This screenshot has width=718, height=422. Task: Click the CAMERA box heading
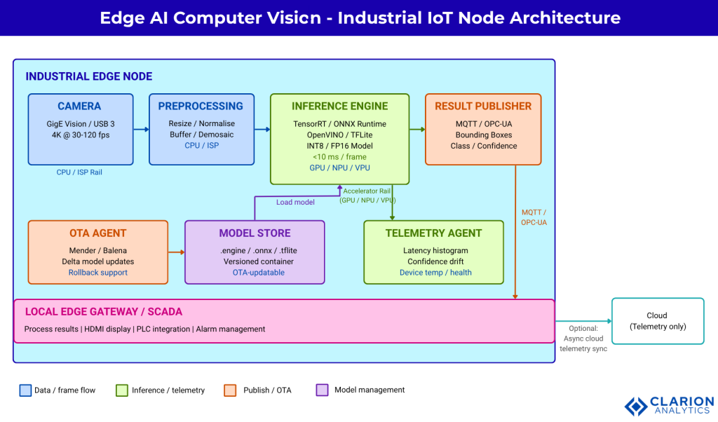pos(79,107)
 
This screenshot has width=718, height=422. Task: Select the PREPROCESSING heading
pos(201,107)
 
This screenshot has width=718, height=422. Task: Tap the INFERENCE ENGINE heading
pos(339,107)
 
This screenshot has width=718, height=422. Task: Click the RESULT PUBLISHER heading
pos(483,107)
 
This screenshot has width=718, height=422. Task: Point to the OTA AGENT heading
pos(98,233)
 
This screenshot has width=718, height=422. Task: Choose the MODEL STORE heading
pos(255,233)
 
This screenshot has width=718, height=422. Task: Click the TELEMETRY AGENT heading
pos(433,233)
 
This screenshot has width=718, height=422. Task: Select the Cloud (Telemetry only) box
pos(657,321)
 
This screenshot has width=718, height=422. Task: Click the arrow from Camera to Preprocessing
pos(141,129)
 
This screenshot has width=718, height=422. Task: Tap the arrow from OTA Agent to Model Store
pos(176,252)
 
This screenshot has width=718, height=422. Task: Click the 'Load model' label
pos(295,202)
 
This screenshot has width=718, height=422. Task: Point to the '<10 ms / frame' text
pos(339,157)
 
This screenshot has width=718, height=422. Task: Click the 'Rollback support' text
pos(98,273)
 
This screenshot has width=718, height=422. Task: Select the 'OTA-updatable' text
pos(255,273)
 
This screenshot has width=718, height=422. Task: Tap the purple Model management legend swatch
pos(323,390)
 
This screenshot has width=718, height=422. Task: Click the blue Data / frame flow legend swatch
pos(26,390)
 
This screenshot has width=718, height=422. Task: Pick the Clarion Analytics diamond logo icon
pos(636,407)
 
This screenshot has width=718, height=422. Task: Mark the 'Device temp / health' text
pos(435,273)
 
